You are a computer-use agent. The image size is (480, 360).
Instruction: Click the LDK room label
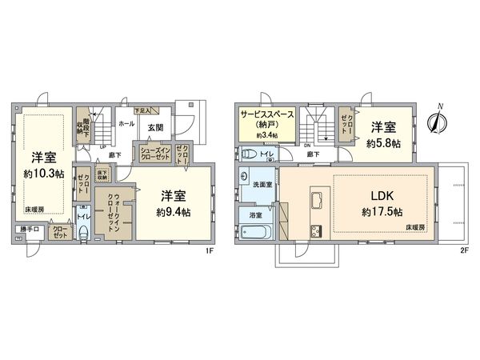coord(382,197)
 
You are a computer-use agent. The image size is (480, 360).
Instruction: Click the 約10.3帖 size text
coord(43,174)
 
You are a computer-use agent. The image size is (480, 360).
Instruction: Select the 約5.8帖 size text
coord(385,144)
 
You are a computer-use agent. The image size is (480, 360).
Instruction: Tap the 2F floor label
coord(462,250)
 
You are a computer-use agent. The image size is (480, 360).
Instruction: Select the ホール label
coord(126,125)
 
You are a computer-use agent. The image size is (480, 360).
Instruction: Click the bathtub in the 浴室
coord(256,233)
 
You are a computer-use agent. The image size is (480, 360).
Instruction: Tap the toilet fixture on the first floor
coord(84,233)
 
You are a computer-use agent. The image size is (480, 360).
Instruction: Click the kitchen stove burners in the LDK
coord(314,231)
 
